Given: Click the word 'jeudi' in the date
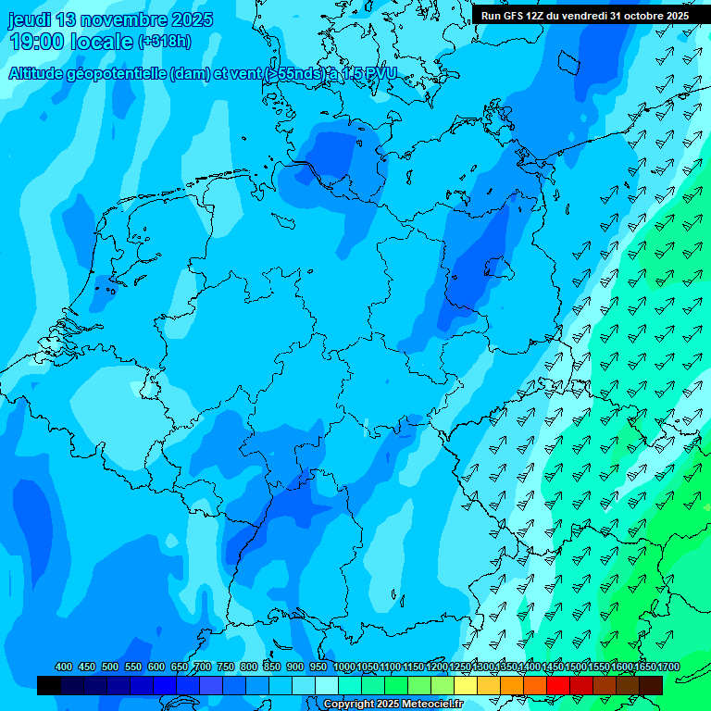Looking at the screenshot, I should point(29,19).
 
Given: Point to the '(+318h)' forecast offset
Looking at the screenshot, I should point(164,42).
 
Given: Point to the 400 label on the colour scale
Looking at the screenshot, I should point(64,667).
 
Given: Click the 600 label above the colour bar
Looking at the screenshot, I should point(156,667).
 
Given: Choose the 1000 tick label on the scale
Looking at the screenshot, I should point(343,667).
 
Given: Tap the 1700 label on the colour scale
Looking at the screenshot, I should point(667,667).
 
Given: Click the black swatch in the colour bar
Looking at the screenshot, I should point(49,685).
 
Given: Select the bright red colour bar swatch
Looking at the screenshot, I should point(558,685).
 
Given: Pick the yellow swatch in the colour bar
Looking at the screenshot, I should point(466,685).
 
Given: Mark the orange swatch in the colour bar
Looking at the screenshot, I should point(512,685).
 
